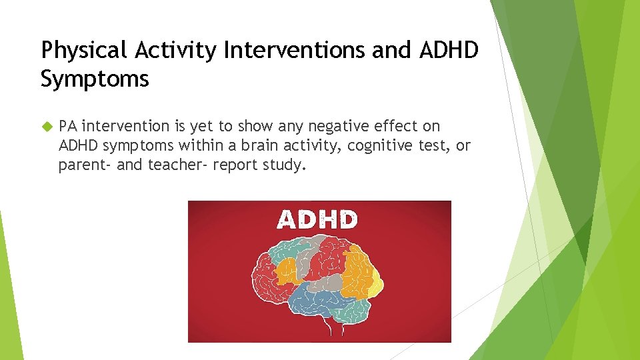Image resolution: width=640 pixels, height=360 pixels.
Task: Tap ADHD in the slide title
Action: [x=449, y=51]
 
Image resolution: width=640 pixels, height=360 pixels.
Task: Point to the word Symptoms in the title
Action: [x=95, y=79]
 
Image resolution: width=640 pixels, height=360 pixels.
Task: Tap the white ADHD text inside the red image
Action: [x=317, y=220]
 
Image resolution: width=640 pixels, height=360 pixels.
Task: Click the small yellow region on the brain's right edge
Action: [x=377, y=287]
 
